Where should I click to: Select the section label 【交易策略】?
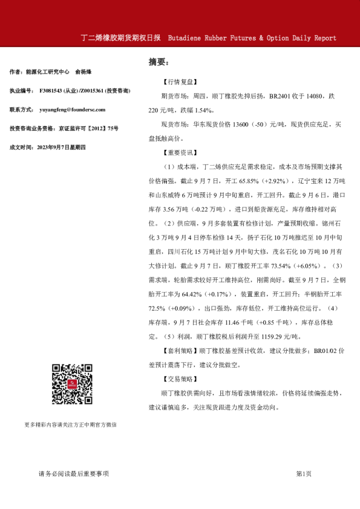tap(180, 379)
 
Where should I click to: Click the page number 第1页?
tap(304, 474)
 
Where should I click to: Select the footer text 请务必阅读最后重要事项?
tap(73, 474)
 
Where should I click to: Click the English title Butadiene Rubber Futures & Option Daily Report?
tap(252, 38)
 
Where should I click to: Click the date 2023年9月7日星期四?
tap(62, 147)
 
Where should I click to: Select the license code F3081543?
tap(53, 91)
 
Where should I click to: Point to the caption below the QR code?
tap(71, 425)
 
